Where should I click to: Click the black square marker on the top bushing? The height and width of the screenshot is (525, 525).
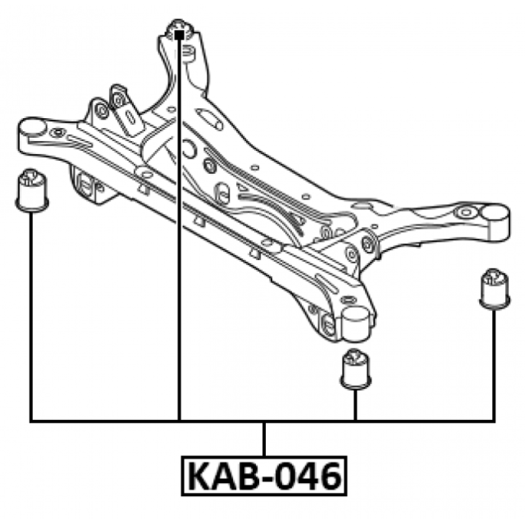click(x=179, y=35)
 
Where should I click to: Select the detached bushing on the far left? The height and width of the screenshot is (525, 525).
click(x=32, y=190)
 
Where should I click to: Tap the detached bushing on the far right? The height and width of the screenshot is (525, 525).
click(x=495, y=289)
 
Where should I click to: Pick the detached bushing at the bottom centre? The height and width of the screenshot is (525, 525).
click(x=356, y=369)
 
